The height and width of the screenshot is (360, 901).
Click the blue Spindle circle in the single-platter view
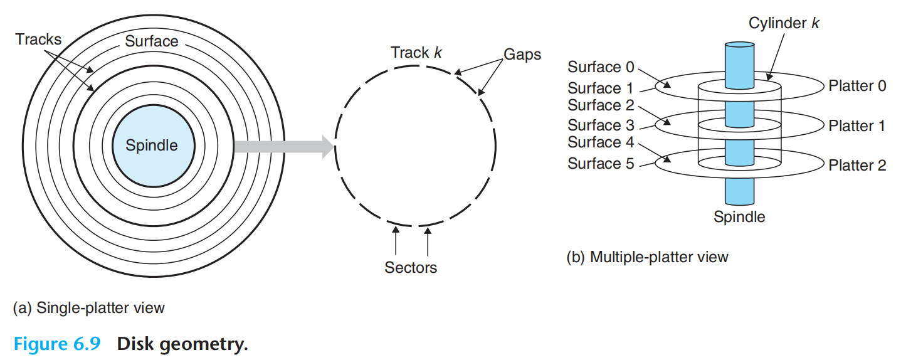152,146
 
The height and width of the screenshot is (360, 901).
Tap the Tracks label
39,40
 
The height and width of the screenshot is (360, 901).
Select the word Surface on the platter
152,41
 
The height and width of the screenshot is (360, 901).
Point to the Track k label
416,52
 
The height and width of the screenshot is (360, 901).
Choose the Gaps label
522,55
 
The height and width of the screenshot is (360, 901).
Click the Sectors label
411,268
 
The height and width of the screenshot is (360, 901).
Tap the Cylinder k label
784,24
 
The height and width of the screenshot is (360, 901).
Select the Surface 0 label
601,66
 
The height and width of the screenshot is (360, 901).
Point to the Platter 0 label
857,86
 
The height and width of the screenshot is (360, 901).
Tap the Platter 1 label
856,126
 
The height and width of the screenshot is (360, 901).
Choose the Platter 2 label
857,166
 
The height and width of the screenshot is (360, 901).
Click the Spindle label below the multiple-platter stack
739,217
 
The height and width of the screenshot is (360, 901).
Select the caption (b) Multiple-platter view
647,257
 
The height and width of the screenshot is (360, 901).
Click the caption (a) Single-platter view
88,307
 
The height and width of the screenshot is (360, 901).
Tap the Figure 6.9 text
56,344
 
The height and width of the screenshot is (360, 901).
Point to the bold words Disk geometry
182,344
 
